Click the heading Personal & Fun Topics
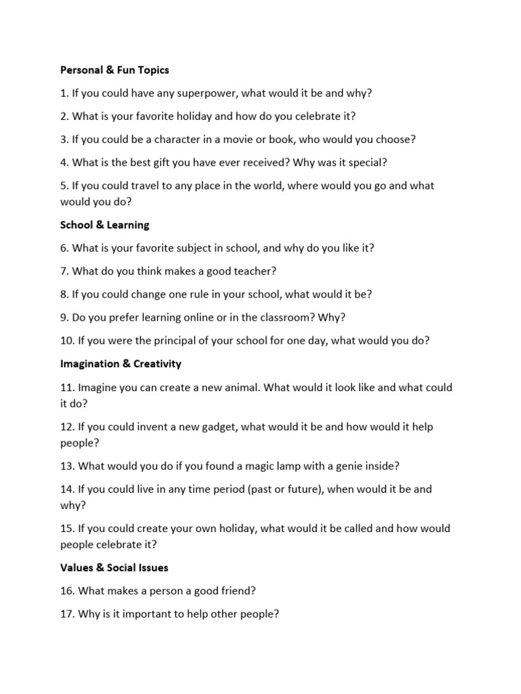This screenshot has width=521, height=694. coord(114,70)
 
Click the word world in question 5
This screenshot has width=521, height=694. coord(266,186)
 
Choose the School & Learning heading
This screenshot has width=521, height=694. coord(104,224)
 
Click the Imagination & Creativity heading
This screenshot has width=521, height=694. coord(121,364)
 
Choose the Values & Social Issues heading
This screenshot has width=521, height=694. coord(114,567)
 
